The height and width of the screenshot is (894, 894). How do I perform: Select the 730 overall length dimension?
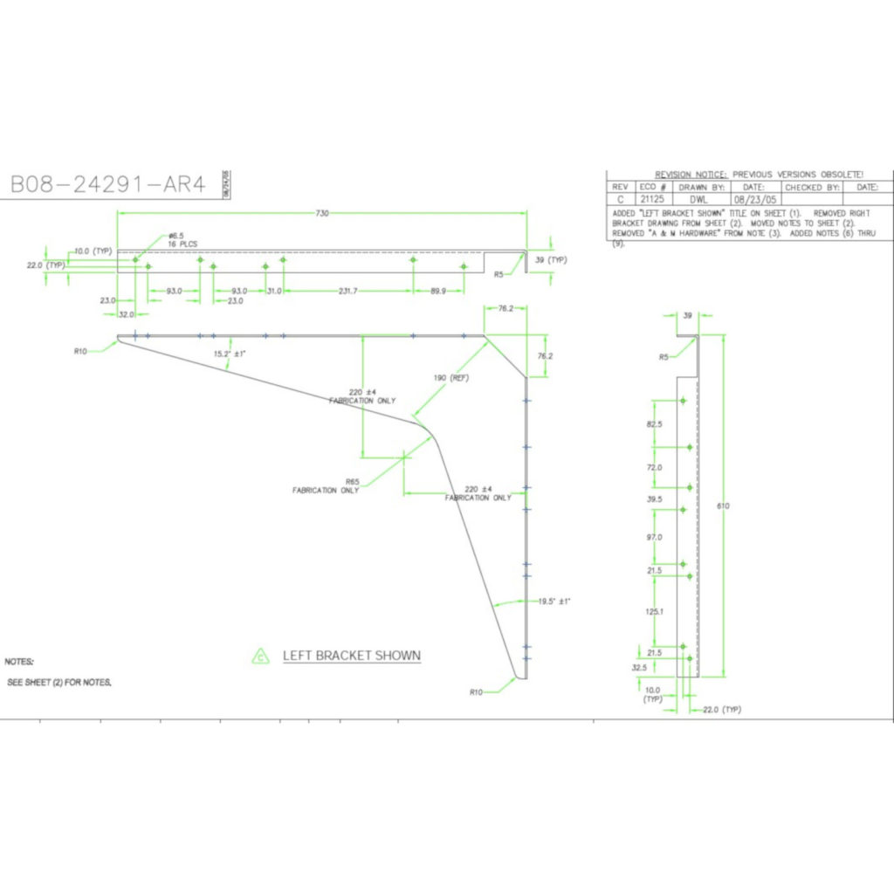324,213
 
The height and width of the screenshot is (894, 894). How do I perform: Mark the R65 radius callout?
353,481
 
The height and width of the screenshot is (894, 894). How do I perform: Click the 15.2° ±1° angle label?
229,354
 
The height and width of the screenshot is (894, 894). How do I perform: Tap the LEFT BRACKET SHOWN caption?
351,656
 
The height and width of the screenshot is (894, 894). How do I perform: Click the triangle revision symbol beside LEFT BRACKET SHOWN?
259,657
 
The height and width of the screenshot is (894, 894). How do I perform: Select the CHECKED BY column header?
812,187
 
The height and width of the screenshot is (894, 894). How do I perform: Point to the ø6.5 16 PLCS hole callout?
182,240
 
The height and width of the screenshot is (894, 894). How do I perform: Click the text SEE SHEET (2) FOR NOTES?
59,682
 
